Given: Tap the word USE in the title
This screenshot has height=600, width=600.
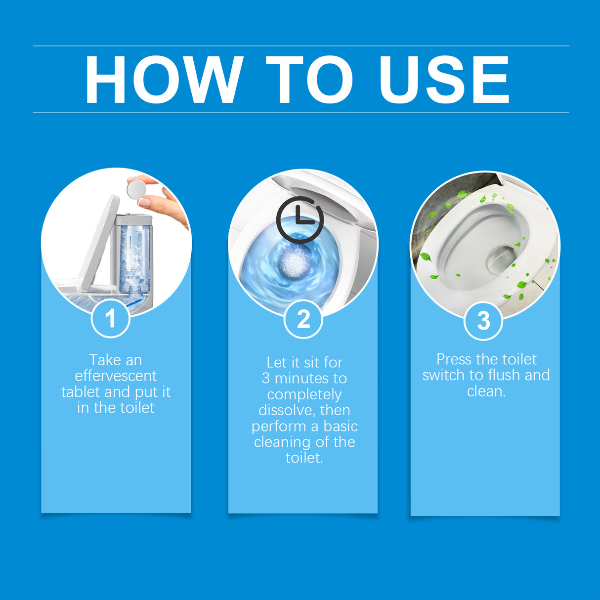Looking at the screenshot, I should (444, 80).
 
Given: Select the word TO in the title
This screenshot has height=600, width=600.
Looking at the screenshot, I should (309, 80).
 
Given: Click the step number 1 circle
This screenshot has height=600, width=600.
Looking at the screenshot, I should (111, 318).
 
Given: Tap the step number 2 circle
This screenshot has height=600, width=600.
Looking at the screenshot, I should (303, 319).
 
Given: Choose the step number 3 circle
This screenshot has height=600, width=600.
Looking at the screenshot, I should (483, 320).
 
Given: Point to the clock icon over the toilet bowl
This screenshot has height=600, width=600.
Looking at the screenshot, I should (300, 219).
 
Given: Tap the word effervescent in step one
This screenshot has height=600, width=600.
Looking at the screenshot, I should (116, 376).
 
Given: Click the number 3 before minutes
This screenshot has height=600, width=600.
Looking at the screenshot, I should (266, 379).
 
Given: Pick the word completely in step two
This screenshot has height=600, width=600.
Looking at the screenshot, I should (304, 394).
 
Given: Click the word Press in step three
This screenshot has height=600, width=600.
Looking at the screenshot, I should (454, 359).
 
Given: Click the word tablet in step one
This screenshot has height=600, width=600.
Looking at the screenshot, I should (81, 392).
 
